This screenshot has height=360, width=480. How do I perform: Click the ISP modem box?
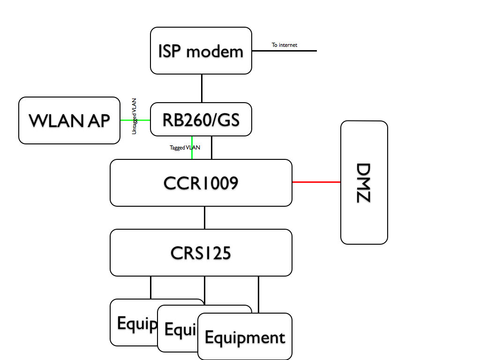click(201, 51)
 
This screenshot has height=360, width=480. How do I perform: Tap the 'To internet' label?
click(285, 45)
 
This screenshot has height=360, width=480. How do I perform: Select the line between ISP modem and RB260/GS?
click(202, 88)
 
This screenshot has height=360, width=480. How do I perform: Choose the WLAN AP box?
click(69, 120)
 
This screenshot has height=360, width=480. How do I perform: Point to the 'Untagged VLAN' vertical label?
click(134, 116)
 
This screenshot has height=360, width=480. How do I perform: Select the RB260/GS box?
click(201, 120)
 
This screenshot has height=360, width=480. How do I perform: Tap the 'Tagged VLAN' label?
click(185, 148)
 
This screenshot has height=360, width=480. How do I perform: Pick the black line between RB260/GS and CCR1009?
click(212, 148)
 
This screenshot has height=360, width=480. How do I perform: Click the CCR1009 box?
click(201, 183)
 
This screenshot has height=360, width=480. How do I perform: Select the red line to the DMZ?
click(316, 182)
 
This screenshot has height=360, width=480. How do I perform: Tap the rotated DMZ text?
click(363, 183)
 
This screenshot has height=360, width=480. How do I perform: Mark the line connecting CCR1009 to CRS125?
click(205, 217)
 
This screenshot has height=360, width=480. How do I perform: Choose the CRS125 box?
click(201, 253)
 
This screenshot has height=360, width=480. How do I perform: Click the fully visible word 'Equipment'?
click(245, 337)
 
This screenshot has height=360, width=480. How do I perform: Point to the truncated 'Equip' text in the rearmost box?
click(136, 323)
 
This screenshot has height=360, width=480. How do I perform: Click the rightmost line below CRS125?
click(259, 294)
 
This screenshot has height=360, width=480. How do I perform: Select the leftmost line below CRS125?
click(150, 287)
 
